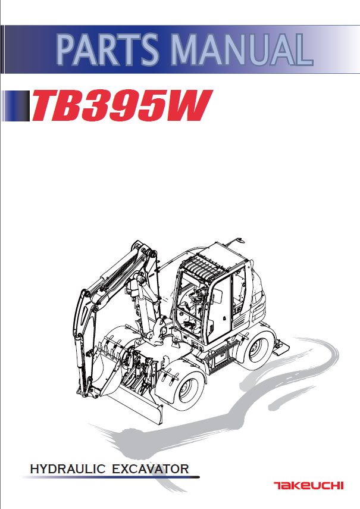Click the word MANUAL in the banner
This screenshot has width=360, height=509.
(242, 49)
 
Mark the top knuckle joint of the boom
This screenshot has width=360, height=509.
(143, 250)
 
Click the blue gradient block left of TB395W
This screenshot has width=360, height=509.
(15, 105)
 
